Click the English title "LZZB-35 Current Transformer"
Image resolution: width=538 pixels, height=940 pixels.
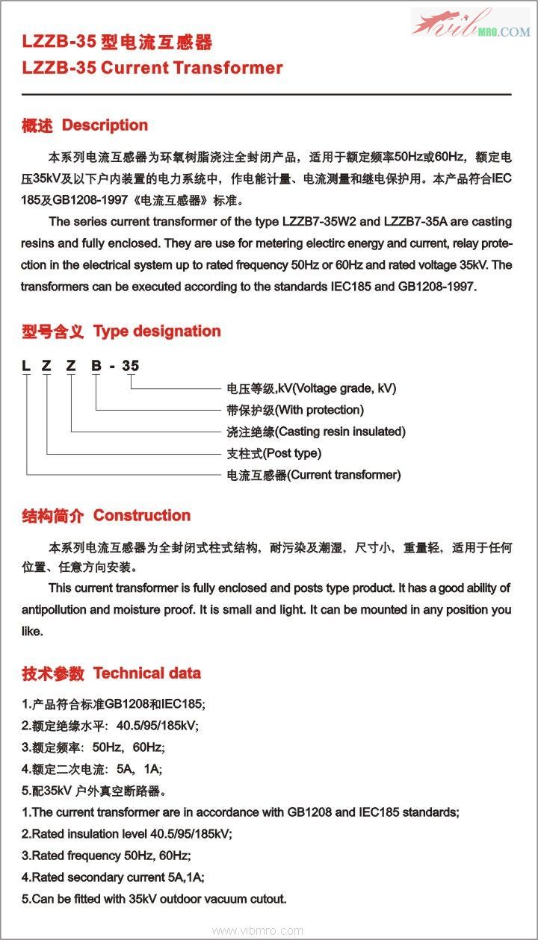click(152, 68)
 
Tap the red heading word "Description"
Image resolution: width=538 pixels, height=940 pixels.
click(105, 125)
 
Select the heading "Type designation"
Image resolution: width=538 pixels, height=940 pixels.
click(157, 332)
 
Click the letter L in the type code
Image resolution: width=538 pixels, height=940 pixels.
click(26, 366)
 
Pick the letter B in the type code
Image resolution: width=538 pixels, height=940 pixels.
click(96, 366)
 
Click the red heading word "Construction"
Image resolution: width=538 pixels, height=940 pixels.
click(142, 516)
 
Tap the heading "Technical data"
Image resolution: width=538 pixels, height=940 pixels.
click(147, 673)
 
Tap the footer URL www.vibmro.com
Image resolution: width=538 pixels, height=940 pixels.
click(258, 931)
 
